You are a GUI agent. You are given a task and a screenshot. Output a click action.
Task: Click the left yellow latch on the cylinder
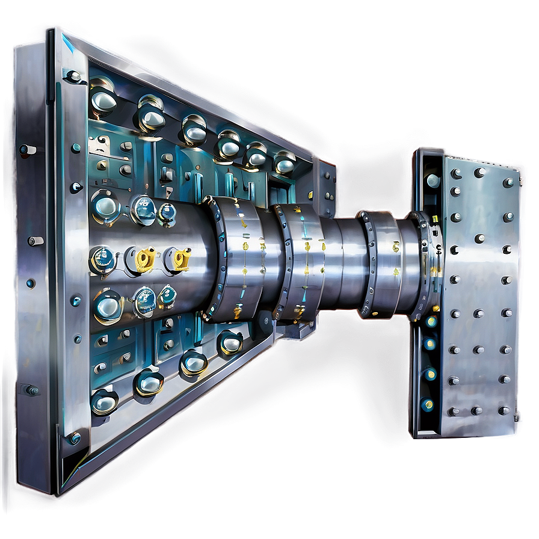146,259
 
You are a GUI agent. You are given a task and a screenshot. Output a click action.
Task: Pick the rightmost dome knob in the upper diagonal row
284,162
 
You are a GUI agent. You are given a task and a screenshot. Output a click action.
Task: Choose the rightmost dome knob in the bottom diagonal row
230,341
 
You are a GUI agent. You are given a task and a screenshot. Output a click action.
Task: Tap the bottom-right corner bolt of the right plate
504,410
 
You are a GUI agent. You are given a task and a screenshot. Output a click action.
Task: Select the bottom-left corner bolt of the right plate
452,411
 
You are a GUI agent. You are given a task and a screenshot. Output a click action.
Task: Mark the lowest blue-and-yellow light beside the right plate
427,404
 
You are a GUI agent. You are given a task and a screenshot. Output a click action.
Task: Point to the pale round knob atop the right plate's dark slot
433,180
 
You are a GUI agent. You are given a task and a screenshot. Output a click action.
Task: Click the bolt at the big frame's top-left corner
73,76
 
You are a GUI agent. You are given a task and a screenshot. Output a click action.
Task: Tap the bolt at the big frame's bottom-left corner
73,438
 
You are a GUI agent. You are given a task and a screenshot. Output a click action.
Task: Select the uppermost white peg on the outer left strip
26,149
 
